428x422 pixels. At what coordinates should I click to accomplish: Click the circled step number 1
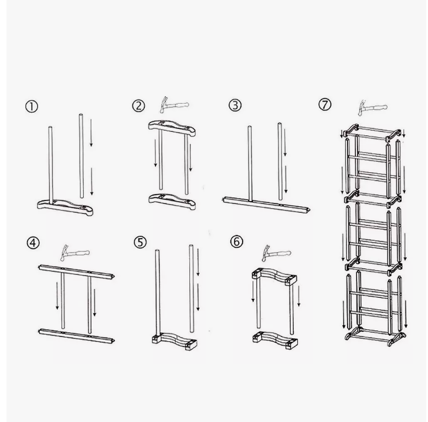pos(32,107)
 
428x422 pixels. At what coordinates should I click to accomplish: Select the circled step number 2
pos(139,106)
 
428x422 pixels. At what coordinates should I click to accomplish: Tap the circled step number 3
pos(235,105)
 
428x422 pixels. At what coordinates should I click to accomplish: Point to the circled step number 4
pos(33,243)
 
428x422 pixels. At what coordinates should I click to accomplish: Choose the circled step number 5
pos(140,242)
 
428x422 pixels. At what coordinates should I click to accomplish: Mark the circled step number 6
pos(236,241)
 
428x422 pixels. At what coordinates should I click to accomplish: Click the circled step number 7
pos(325,104)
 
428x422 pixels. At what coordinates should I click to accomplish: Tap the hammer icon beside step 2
pos(174,104)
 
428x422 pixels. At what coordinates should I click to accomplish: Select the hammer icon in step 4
pos(75,253)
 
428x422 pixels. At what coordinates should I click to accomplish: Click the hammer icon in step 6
pos(276,253)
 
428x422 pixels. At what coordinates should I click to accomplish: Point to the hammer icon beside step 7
pos(373,107)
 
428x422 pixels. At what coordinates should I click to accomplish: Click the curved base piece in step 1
pos(65,207)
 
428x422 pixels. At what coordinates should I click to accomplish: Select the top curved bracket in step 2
pos(172,128)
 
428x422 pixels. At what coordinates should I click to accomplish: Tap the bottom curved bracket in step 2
pos(172,202)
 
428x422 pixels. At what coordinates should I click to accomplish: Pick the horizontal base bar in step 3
pos(266,205)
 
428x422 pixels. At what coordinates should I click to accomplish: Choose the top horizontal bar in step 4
pos(76,272)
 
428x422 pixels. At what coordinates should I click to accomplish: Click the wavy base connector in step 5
pos(175,340)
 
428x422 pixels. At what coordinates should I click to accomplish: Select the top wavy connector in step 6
pos(274,277)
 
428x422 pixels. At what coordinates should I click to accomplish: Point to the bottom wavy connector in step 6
pos(275,340)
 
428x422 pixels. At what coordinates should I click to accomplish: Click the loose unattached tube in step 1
pos(81,156)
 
